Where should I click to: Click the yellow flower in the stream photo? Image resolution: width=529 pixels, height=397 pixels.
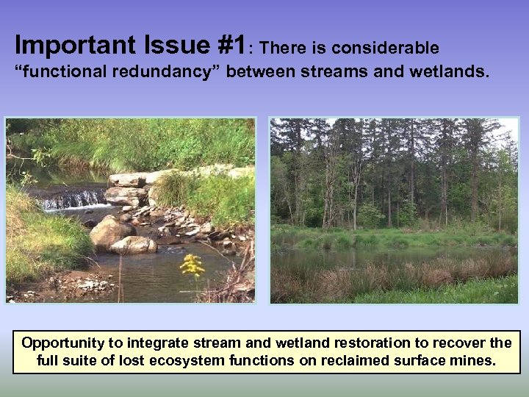click(192, 265)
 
